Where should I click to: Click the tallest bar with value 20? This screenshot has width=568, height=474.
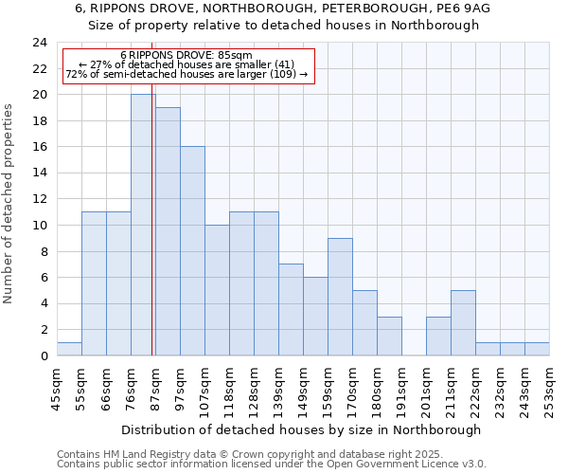pos(143,225)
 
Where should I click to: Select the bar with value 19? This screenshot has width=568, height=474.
pos(168,231)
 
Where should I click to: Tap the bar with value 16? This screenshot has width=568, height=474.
pos(192,251)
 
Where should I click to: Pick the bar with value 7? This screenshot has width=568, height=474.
pos(291,310)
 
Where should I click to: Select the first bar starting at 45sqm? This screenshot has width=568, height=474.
pos(69,349)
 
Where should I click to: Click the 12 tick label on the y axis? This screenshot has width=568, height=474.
pos(40,199)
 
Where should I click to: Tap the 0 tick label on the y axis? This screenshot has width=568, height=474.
pos(44,356)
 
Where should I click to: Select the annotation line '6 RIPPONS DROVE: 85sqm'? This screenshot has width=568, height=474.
pos(186,56)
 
